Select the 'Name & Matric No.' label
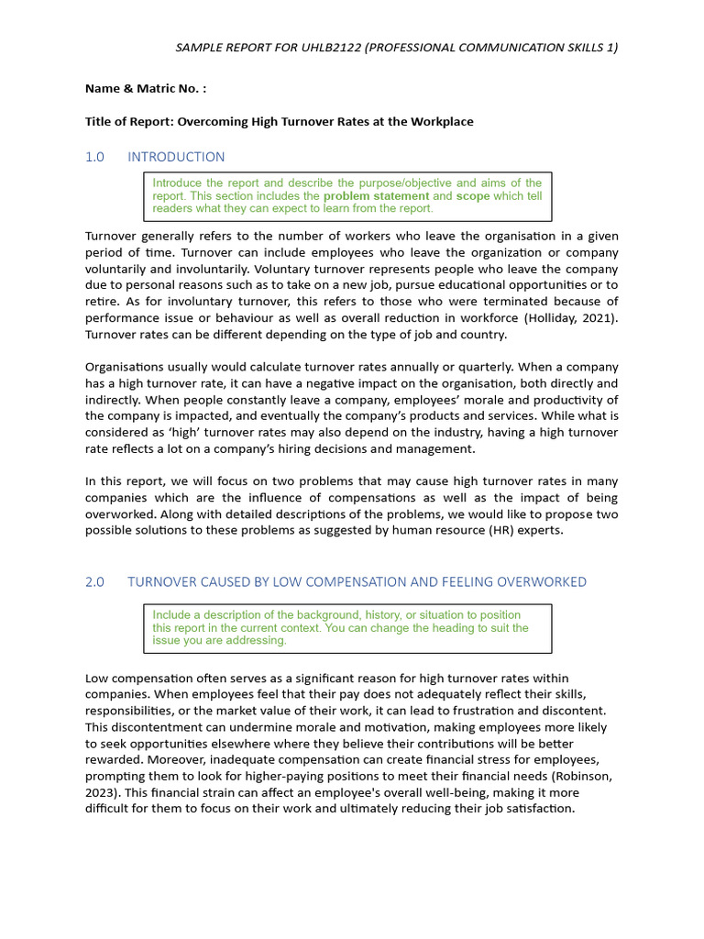click(146, 89)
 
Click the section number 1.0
click(95, 157)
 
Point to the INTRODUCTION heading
click(176, 157)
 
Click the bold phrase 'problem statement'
click(376, 195)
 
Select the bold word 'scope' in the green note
click(473, 195)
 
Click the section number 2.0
click(95, 581)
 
